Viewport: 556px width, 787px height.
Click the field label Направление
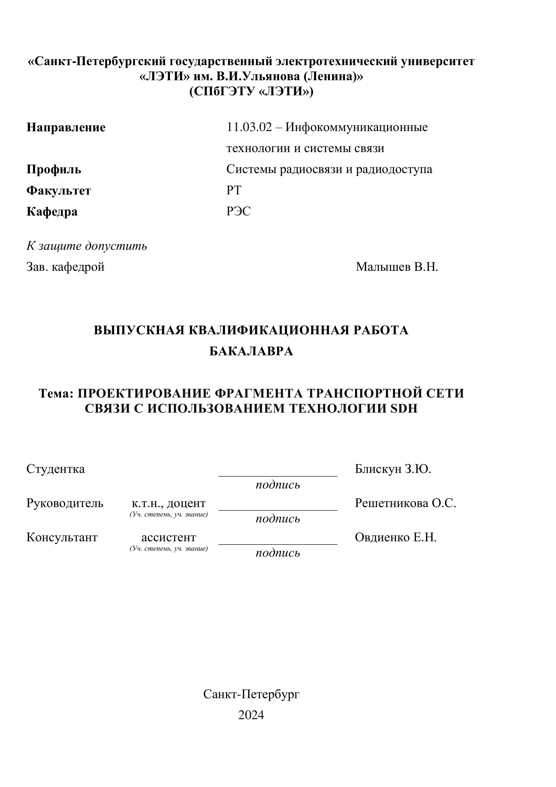tap(66, 128)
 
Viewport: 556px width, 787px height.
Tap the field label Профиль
tap(54, 169)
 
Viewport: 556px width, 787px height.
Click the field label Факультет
tap(59, 191)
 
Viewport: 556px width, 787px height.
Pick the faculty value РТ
tap(234, 190)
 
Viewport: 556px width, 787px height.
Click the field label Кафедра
tap(52, 212)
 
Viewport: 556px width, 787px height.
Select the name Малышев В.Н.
tap(397, 267)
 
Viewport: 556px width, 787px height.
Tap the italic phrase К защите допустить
tap(87, 246)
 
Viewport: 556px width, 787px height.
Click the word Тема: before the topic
tap(56, 393)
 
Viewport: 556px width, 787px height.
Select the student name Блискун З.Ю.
tap(393, 469)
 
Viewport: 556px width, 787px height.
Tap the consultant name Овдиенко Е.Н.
tap(395, 537)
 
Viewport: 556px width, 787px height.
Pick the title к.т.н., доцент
tap(169, 503)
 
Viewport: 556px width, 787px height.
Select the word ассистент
tap(169, 537)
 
